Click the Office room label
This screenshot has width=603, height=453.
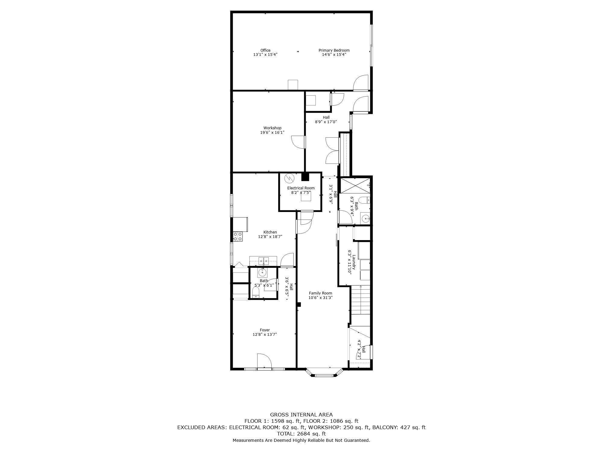coord(265,50)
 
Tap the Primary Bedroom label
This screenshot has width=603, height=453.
coord(334,50)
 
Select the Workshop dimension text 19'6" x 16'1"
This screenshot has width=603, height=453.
coord(272,132)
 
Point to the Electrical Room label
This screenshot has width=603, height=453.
coord(301,188)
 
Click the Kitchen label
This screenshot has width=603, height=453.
coord(270,232)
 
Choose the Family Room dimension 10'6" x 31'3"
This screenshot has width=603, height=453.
coord(320,297)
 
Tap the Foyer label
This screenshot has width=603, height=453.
coord(265,330)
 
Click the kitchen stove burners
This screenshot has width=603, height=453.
coord(238,236)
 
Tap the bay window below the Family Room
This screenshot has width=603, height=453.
coord(324,372)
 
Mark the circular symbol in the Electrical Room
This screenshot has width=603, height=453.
coord(289,178)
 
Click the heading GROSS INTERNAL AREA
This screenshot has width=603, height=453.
coord(301,415)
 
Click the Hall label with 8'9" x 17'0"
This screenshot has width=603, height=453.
coord(326,117)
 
